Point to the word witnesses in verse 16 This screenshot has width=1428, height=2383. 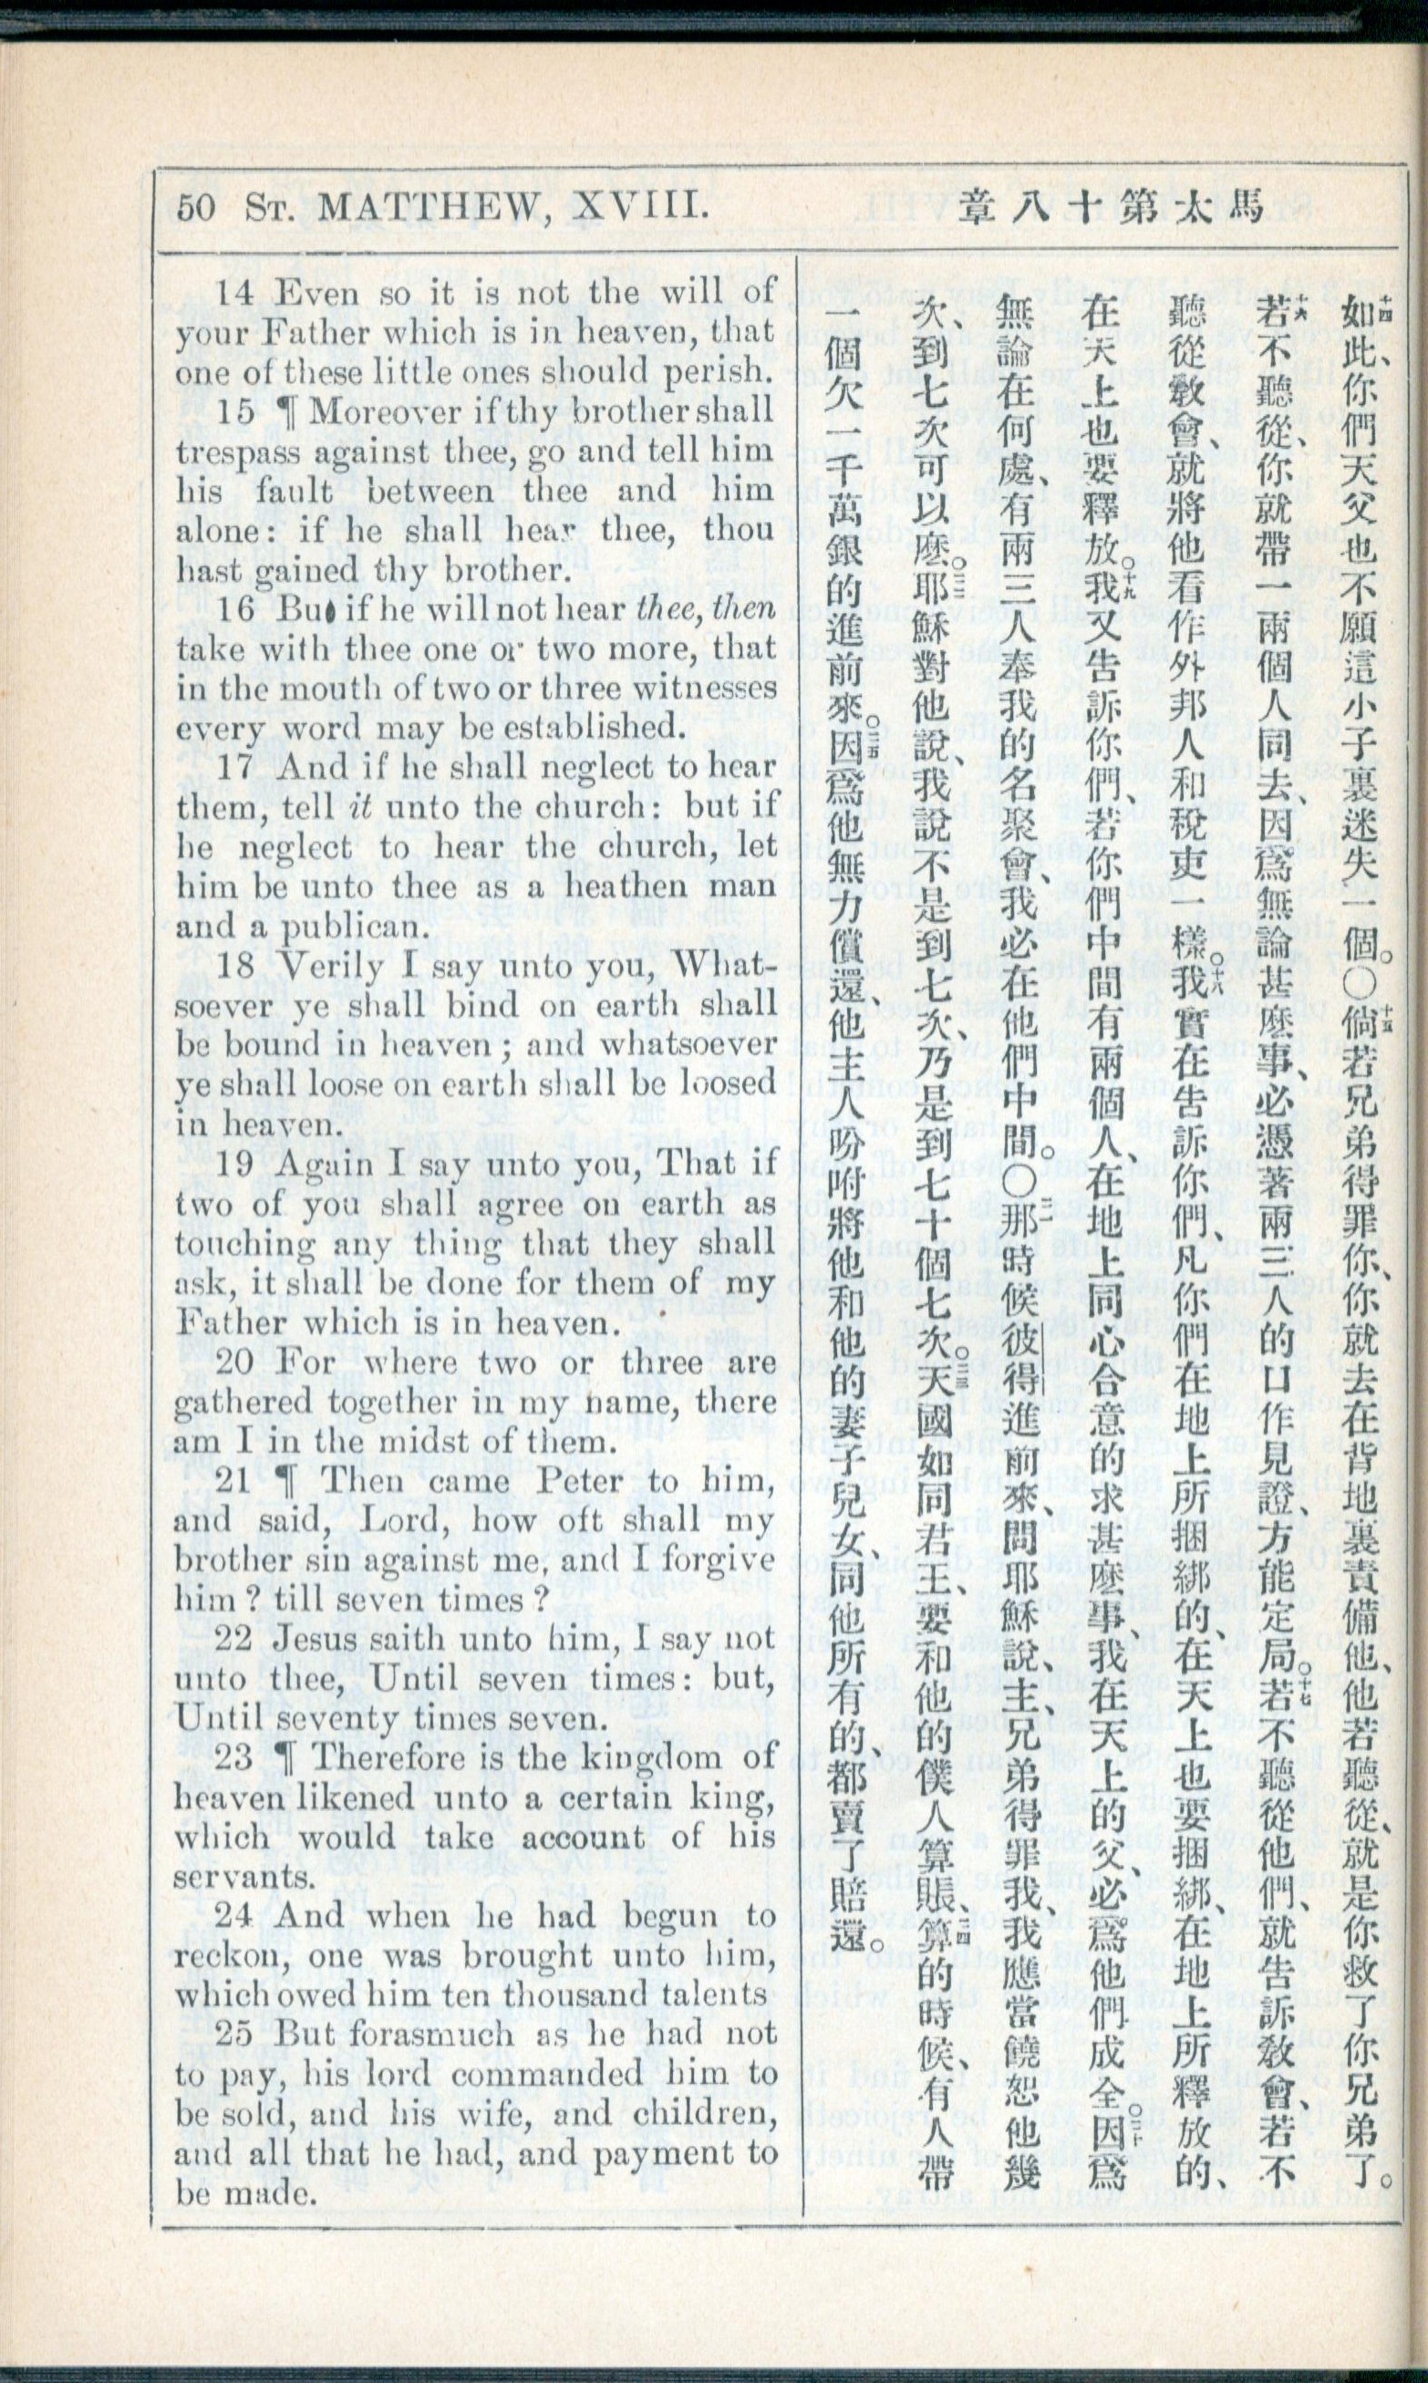pyautogui.click(x=706, y=689)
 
